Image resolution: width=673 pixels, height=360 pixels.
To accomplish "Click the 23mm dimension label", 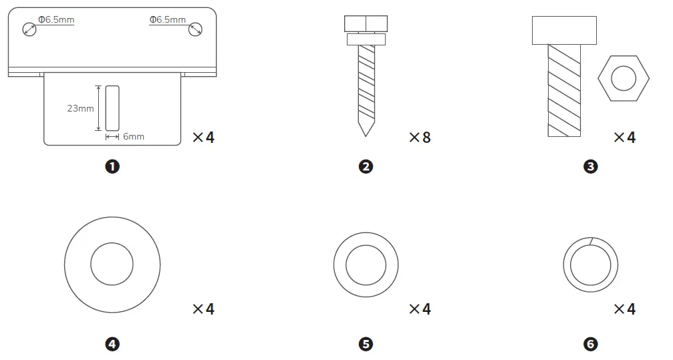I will pyautogui.click(x=81, y=108).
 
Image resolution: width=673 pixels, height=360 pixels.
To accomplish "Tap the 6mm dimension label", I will pyautogui.click(x=134, y=136).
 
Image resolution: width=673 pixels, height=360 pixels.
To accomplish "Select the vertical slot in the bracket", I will pyautogui.click(x=112, y=108).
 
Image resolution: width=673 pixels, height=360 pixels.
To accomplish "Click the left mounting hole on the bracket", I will pyautogui.click(x=29, y=29).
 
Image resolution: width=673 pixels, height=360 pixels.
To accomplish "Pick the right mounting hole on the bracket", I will pyautogui.click(x=195, y=29).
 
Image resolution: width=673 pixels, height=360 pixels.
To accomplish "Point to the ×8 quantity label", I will pyautogui.click(x=420, y=138).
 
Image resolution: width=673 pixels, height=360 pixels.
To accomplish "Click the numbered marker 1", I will pyautogui.click(x=112, y=166).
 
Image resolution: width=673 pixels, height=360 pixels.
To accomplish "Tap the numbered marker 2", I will pyautogui.click(x=366, y=166).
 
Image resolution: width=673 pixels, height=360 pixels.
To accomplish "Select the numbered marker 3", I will pyautogui.click(x=591, y=166).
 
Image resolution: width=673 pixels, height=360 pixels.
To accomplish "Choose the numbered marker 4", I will pyautogui.click(x=112, y=344).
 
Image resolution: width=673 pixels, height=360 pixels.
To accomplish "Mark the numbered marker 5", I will pyautogui.click(x=366, y=344).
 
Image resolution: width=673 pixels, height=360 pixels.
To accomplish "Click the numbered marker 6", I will pyautogui.click(x=591, y=344).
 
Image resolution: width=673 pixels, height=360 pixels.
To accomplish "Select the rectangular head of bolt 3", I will pyautogui.click(x=564, y=30).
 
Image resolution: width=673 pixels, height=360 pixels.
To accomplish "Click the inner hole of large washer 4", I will pyautogui.click(x=112, y=263).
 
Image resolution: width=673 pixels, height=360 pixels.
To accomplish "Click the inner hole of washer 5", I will pyautogui.click(x=366, y=263).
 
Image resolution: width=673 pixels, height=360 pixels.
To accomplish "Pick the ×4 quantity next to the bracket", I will pyautogui.click(x=204, y=138).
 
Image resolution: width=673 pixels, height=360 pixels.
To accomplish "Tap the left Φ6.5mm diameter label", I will pyautogui.click(x=56, y=19).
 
